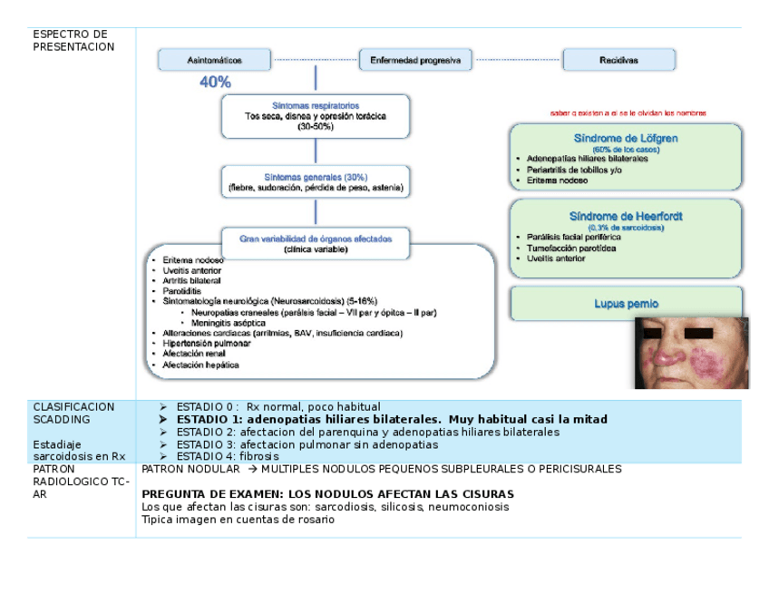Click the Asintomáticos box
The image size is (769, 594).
click(214, 61)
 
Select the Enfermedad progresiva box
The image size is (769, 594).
click(415, 61)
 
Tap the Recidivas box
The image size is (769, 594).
click(618, 61)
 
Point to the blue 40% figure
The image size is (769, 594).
click(215, 83)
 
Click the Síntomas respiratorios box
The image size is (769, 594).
click(315, 117)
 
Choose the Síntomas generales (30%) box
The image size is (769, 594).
click(315, 181)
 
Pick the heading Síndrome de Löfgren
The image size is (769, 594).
click(626, 139)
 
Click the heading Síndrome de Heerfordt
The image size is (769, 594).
click(626, 217)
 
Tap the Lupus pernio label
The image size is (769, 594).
click(626, 304)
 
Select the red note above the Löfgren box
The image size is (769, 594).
click(628, 113)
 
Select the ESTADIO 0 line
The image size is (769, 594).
click(277, 407)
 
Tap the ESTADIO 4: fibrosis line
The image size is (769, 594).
click(228, 457)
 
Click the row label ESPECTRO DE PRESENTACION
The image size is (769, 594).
click(73, 41)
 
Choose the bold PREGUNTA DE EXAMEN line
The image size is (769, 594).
click(327, 494)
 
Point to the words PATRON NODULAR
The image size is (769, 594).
click(190, 470)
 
